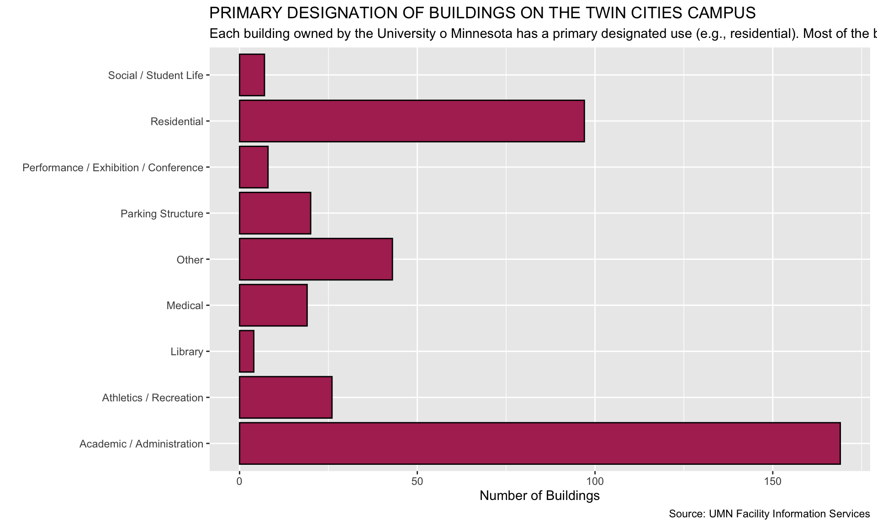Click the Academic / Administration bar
click(x=539, y=443)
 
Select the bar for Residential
click(x=411, y=121)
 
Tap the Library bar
click(x=247, y=352)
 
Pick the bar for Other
click(x=315, y=259)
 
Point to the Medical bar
click(x=273, y=305)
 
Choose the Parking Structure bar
click(x=275, y=213)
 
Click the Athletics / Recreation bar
click(x=285, y=397)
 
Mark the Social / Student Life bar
click(x=252, y=75)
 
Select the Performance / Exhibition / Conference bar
click(x=254, y=167)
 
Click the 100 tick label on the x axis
click(x=595, y=481)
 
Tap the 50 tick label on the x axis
click(x=417, y=481)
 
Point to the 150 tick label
click(x=772, y=481)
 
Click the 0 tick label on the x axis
click(x=239, y=481)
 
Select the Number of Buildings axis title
click(x=539, y=496)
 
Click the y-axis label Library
click(x=186, y=352)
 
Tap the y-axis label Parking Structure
click(x=162, y=214)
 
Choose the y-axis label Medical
click(x=185, y=305)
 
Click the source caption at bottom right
click(x=769, y=514)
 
